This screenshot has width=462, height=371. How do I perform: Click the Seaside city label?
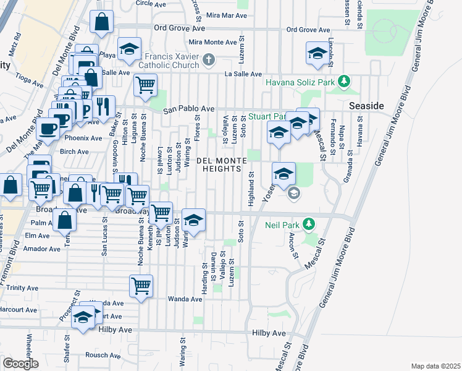click(366, 106)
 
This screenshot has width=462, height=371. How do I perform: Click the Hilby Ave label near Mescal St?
click(269, 333)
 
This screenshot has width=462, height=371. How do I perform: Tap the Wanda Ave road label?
click(185, 299)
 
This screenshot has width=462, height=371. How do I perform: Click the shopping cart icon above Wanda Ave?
click(141, 286)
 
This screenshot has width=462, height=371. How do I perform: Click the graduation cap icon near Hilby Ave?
click(83, 317)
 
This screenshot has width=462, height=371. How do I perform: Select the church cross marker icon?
click(209, 60)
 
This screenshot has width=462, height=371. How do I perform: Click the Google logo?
click(20, 363)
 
